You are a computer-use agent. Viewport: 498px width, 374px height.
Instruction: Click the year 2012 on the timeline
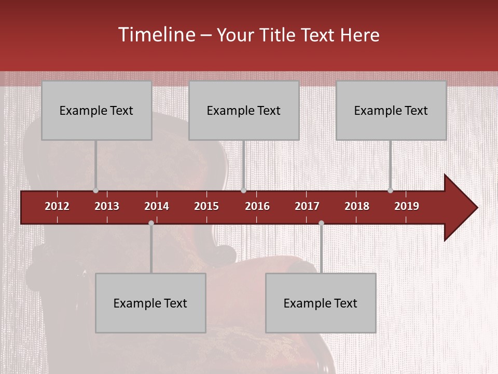[x=57, y=206]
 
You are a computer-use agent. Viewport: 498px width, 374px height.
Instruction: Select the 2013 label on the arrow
[x=107, y=206]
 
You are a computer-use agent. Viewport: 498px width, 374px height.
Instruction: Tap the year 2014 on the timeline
[x=157, y=206]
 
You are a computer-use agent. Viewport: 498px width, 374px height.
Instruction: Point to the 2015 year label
[x=206, y=206]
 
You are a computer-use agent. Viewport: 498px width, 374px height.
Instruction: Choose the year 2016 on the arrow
[x=257, y=206]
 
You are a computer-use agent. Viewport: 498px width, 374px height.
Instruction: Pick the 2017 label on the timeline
[x=307, y=206]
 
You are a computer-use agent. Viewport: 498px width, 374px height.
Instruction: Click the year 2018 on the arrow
[x=357, y=206]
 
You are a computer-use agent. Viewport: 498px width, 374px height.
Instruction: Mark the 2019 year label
[x=407, y=206]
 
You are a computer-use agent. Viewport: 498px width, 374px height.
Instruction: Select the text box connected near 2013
[x=96, y=110]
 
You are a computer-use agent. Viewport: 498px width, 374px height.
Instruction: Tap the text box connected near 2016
[x=244, y=110]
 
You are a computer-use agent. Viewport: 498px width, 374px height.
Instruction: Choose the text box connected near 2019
[x=391, y=110]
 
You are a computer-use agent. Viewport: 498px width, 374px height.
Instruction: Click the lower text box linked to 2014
[x=150, y=303]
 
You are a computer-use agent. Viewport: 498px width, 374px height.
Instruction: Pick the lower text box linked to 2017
[x=321, y=303]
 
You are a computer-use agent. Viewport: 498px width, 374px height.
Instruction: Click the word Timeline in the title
[x=156, y=35]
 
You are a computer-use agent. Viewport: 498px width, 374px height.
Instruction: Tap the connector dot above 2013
[x=95, y=191]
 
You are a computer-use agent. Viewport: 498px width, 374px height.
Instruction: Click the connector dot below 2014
[x=151, y=223]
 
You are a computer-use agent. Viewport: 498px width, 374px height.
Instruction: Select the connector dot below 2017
[x=321, y=223]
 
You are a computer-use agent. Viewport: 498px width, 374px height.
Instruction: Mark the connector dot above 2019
[x=390, y=191]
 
